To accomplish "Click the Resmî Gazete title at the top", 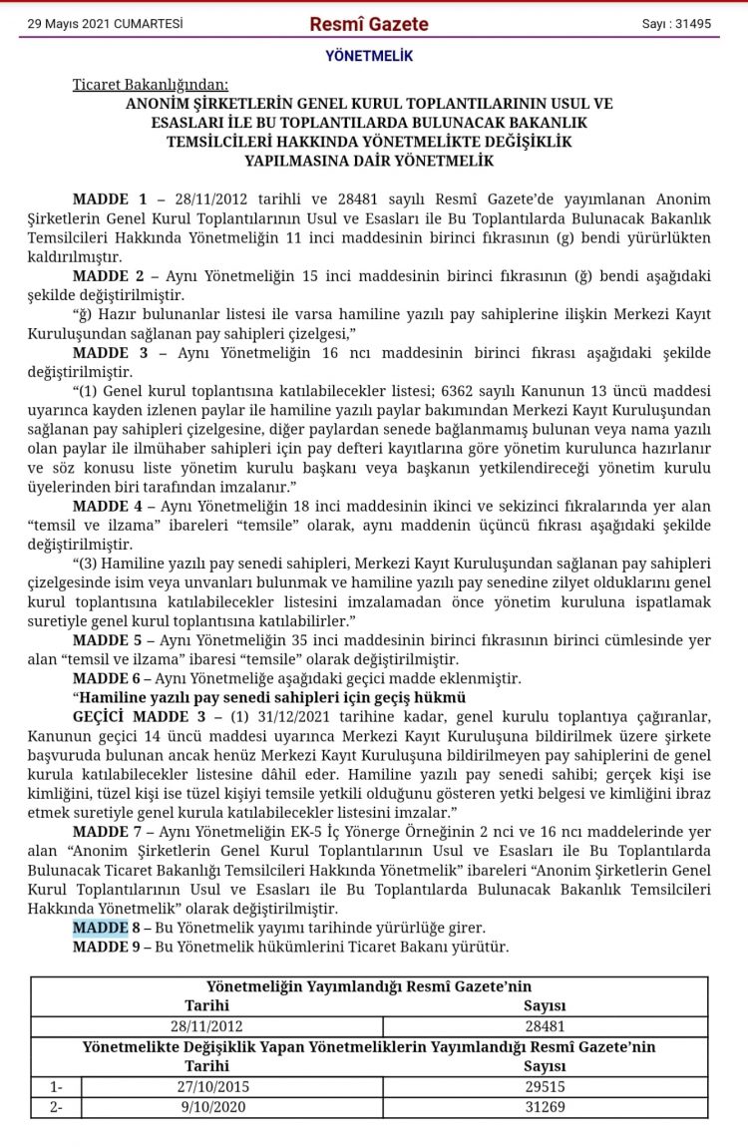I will (x=368, y=24).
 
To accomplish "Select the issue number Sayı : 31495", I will (x=675, y=24).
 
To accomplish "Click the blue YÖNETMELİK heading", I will (x=368, y=56).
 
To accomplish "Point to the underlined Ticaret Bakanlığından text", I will (x=150, y=85).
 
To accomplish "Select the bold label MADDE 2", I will (x=109, y=274).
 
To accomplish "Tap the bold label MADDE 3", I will (x=109, y=351).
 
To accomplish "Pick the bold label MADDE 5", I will (x=109, y=639).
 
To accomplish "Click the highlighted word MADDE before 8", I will (x=100, y=928).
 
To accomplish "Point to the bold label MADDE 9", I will (x=109, y=947).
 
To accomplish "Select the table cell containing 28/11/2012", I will (x=207, y=1025).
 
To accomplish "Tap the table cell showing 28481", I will (x=545, y=1025).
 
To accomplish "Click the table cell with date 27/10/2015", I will (x=207, y=1087).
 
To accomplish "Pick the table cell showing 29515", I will (x=545, y=1087).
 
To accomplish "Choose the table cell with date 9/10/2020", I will (x=207, y=1107).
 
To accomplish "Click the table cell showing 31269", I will (x=545, y=1107).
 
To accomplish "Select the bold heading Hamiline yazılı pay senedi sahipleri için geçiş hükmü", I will (x=269, y=697).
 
